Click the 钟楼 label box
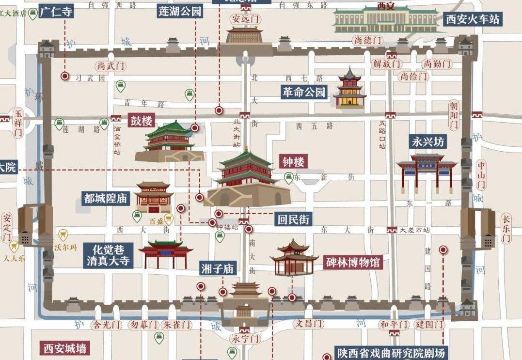294,162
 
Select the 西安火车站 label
473,19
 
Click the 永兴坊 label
427,142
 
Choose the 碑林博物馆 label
353,263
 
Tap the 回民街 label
293,219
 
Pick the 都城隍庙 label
106,198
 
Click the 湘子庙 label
218,269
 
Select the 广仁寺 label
56,11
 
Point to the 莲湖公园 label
180,11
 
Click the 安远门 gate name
245,19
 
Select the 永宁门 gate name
245,338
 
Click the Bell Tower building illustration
247,179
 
